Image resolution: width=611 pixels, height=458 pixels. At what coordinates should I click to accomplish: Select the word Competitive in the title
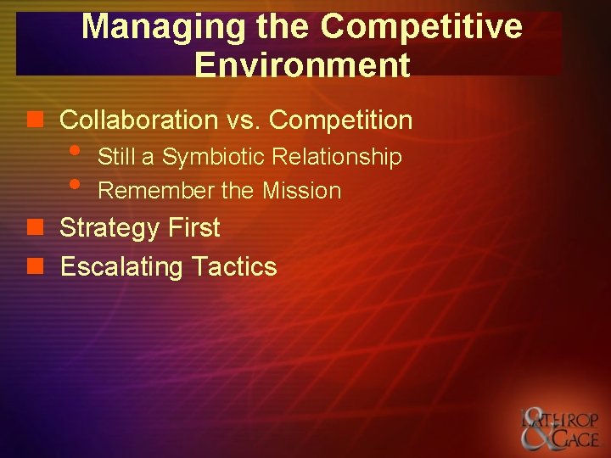tap(421, 27)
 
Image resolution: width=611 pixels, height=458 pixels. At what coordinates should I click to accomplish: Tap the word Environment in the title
tap(302, 64)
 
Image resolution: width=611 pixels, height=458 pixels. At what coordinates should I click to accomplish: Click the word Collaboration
tap(139, 120)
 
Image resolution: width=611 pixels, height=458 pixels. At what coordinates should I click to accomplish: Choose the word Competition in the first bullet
tap(340, 120)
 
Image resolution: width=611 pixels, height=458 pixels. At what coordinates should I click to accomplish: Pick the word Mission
tap(301, 192)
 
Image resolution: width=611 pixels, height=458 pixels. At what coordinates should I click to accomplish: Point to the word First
tap(193, 228)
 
